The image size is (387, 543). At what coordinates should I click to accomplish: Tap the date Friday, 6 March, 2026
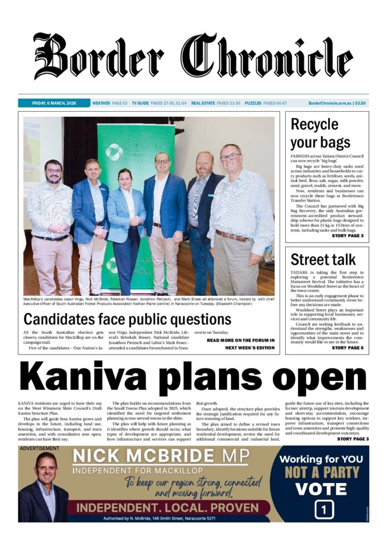pos(54,103)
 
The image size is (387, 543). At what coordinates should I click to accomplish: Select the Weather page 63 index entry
pos(110,103)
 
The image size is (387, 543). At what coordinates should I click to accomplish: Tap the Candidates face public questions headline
pos(127,319)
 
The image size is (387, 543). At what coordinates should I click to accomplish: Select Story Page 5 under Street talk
pos(347,348)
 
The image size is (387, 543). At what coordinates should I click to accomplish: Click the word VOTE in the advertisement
pos(321,489)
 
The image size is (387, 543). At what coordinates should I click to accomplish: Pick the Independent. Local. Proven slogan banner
pos(168,508)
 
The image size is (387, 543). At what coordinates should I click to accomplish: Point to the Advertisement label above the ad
pos(39,448)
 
